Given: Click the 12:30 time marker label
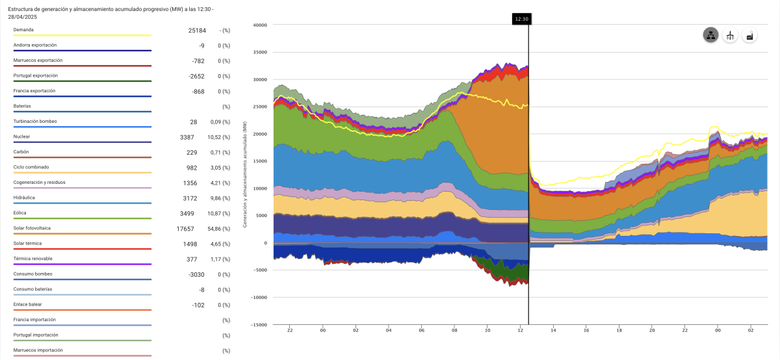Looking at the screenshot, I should [x=521, y=19].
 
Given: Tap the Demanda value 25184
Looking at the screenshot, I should [x=195, y=31].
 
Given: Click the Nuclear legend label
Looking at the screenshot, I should [x=21, y=136].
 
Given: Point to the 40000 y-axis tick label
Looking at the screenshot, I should [x=260, y=25].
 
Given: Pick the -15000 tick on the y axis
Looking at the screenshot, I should [x=259, y=325].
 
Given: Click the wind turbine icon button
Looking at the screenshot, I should [x=730, y=36].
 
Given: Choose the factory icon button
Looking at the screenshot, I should [x=749, y=36].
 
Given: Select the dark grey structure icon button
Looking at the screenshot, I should [x=710, y=36].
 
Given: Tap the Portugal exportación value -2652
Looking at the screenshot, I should [x=194, y=76].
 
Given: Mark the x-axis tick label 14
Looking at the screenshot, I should [x=553, y=330].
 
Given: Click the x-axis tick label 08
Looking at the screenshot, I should [x=454, y=330].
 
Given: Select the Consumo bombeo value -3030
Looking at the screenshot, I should [x=194, y=274].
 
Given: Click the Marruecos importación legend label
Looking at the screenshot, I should [x=38, y=350].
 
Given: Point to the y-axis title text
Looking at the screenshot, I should [x=244, y=174].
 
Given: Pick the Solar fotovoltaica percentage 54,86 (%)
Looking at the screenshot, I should [x=218, y=229].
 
